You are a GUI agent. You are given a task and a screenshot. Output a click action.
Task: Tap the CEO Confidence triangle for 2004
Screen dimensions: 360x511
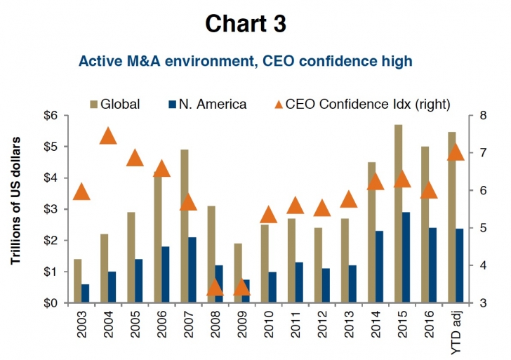[x=108, y=135]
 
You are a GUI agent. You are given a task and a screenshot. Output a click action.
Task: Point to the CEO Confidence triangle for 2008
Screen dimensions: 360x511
[x=216, y=287]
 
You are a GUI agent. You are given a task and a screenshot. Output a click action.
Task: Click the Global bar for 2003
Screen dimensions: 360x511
[x=77, y=281]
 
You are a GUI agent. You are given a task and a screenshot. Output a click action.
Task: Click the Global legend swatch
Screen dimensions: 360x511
[x=92, y=105]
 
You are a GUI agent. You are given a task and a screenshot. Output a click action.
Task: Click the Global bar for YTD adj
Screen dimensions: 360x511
[x=452, y=218]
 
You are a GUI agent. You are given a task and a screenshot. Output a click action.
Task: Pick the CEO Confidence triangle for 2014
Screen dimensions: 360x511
[x=376, y=182]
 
